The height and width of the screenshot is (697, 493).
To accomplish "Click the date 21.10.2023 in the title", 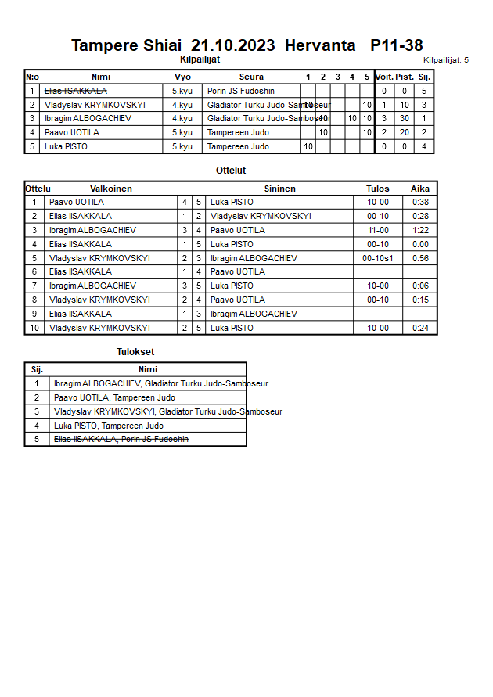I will point(232,45).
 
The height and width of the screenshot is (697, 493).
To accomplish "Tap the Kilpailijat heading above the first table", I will point(200,59).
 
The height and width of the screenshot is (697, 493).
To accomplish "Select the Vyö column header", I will point(182,77).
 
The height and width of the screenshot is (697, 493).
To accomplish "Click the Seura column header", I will point(251,77).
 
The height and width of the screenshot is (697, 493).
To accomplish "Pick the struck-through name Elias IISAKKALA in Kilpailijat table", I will point(76,91).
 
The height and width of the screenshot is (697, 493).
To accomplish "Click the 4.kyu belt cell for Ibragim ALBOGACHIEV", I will point(182,118).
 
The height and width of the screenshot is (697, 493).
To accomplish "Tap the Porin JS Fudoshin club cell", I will point(241,91).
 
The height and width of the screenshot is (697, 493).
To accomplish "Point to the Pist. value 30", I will point(405,118).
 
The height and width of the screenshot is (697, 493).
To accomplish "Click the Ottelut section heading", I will point(231,170).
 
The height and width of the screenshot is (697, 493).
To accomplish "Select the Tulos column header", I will point(378,189).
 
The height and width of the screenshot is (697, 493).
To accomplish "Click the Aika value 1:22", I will point(420,230).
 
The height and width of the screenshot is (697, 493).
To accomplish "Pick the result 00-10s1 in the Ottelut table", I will point(378,258).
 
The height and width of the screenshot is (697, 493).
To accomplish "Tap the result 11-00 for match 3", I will point(378,230).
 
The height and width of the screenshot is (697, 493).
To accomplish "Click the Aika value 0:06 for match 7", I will point(420,286).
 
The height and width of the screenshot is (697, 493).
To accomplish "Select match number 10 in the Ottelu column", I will point(34,328).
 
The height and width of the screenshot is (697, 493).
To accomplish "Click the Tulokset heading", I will point(135,352).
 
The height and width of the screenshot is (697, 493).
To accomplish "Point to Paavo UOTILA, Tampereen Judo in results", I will point(114,397).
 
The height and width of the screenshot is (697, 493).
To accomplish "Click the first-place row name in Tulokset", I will point(161,383).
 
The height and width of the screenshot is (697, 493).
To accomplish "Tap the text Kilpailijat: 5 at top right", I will point(446,59).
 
